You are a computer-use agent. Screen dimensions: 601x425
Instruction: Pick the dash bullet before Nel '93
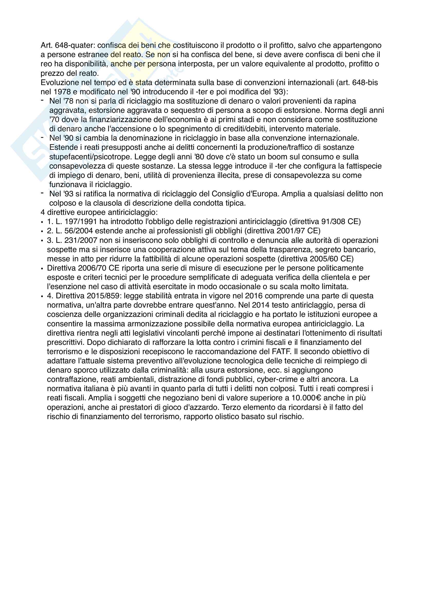pos(42,193)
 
